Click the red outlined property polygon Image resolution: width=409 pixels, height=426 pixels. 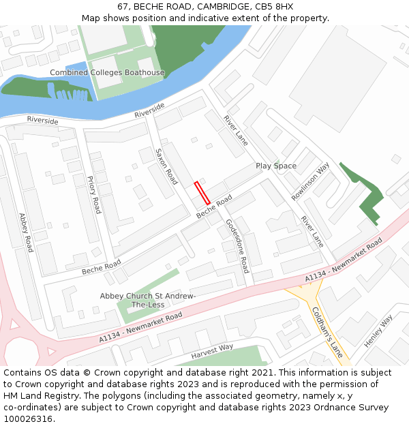coord(202,193)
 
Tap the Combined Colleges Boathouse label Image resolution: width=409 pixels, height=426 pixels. coord(107,73)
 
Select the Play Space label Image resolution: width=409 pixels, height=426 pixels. coord(276,166)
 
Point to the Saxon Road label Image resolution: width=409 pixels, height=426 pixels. coord(166,166)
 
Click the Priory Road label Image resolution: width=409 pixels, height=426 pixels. coord(94,195)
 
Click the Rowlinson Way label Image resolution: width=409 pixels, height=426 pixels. coord(311,181)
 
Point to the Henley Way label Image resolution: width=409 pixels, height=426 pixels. coord(379,331)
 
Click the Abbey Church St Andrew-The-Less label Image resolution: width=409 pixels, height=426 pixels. coord(148,300)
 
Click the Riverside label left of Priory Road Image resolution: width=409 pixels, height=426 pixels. coord(42,120)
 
